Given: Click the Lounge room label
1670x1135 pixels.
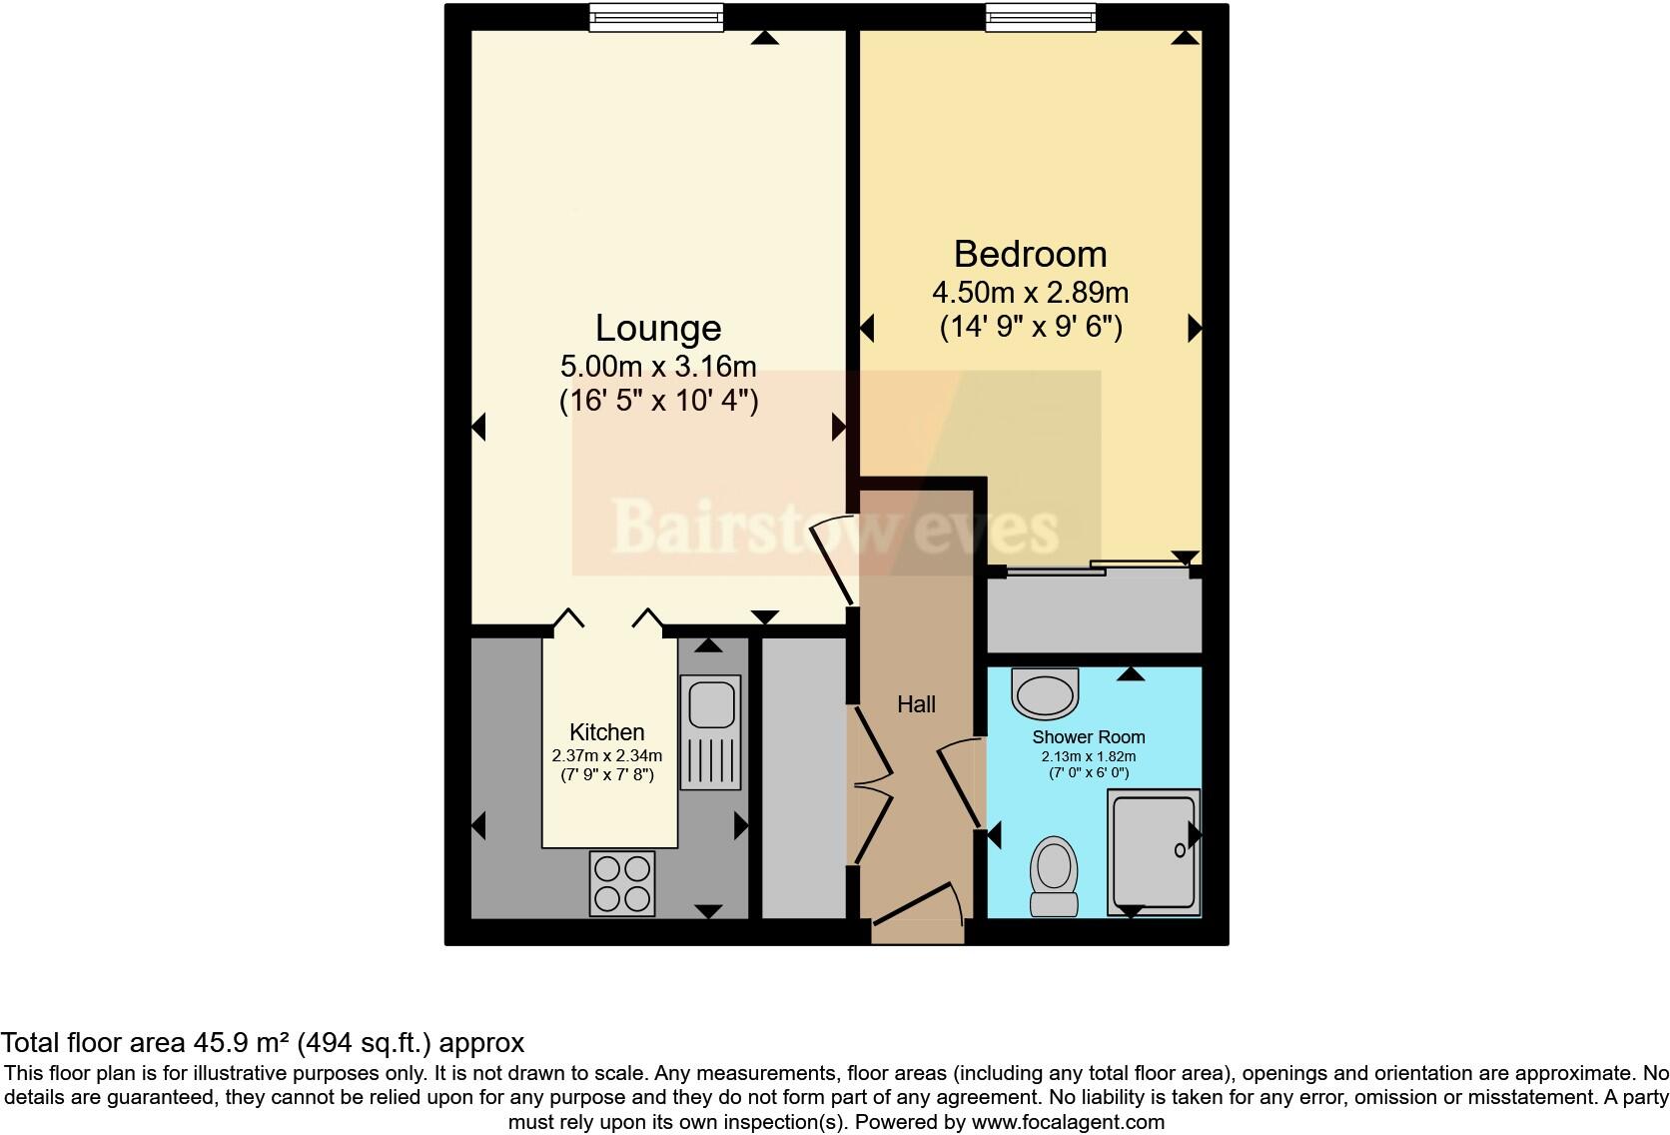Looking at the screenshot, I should tap(657, 328).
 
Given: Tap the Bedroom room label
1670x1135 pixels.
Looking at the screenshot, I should tap(1030, 254).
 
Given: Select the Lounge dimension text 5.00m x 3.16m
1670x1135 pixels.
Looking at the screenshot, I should tap(657, 366).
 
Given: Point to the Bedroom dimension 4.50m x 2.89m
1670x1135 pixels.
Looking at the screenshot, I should tap(1030, 292).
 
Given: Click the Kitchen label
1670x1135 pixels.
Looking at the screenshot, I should tap(606, 731).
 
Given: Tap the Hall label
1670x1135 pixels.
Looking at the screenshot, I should tap(916, 704).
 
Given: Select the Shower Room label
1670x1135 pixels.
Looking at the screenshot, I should tap(1088, 737).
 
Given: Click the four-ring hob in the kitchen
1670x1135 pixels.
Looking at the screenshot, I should tap(622, 882).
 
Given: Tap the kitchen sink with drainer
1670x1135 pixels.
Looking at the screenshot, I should tap(711, 732).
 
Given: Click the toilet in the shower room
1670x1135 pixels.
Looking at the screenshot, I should tap(1054, 875).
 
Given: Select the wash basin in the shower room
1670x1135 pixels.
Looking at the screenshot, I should tap(1046, 691).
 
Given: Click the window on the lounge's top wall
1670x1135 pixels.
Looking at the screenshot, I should tap(655, 17).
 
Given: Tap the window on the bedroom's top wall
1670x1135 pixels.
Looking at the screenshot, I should tap(1040, 17).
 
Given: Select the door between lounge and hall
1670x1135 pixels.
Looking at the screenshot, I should tap(833, 556).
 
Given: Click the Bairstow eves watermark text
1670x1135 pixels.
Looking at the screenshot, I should tap(834, 527).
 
